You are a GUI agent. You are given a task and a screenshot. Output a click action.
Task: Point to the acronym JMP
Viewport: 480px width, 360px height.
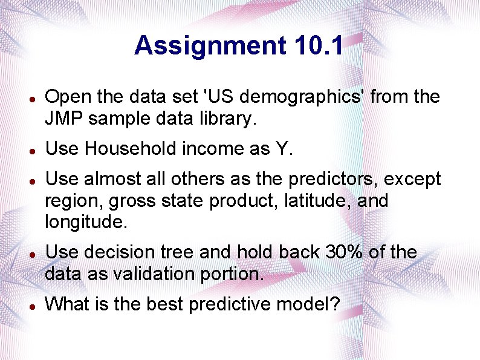pos(64,119)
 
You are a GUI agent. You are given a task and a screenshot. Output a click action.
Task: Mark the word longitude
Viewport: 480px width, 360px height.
pos(86,222)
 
